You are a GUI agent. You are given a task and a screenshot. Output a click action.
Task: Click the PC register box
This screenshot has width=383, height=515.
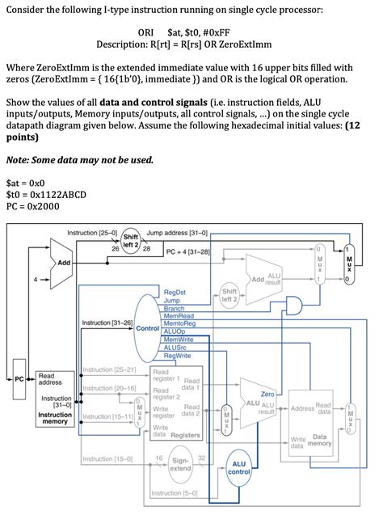19,378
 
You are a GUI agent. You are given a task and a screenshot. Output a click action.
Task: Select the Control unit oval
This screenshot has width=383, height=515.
148,327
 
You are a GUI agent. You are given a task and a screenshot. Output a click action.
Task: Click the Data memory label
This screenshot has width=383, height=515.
321,441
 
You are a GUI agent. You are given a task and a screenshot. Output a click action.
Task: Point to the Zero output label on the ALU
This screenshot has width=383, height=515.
267,393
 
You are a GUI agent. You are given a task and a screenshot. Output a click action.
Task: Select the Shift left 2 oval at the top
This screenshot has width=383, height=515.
131,240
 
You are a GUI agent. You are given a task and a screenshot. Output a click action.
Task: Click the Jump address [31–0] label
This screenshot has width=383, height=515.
177,233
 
